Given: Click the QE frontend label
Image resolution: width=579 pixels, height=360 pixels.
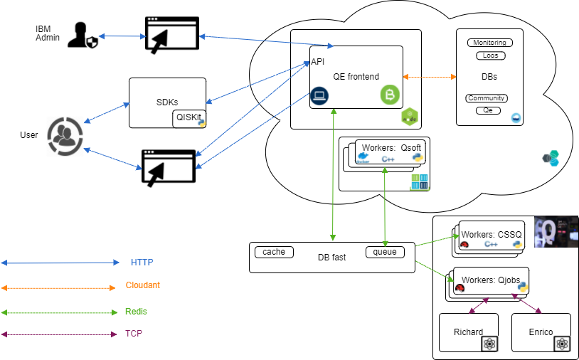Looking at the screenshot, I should [356, 77].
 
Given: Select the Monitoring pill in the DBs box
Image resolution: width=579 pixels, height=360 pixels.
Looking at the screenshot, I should [489, 43].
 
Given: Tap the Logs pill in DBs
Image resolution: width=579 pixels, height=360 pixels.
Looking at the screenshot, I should [489, 55].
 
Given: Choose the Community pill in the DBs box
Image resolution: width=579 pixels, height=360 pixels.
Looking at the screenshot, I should [487, 98].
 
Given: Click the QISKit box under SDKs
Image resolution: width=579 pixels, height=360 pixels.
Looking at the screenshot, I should [188, 119].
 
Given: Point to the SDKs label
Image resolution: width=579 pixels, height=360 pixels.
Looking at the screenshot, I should [167, 102].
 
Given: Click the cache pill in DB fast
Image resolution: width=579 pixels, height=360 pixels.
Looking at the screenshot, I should [274, 252].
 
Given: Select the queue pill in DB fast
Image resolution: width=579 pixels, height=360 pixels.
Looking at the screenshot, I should [385, 252].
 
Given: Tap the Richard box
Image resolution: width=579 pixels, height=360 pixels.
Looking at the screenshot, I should [468, 332].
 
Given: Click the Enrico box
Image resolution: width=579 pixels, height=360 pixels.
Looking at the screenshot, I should [541, 332].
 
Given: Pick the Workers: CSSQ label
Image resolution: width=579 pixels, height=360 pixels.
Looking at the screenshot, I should [492, 234].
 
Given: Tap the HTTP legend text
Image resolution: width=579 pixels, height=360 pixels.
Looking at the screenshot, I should [142, 263].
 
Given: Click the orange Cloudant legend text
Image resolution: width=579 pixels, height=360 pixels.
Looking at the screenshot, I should [143, 285].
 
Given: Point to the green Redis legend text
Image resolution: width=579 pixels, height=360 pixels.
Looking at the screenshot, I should [137, 312].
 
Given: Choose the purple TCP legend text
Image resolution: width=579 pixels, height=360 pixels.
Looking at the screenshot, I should [134, 333].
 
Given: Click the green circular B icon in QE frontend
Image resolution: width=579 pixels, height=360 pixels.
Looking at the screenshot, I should [389, 95].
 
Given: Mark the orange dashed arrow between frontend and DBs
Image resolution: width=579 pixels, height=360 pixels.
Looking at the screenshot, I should [430, 76].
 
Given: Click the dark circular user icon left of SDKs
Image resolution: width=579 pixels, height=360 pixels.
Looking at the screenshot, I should [65, 137].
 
